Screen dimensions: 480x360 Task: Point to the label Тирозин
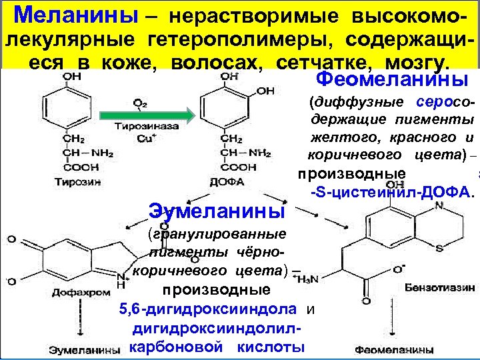(75, 181)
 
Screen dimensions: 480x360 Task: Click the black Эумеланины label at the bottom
(85, 348)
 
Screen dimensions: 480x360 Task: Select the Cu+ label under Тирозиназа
(144, 138)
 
